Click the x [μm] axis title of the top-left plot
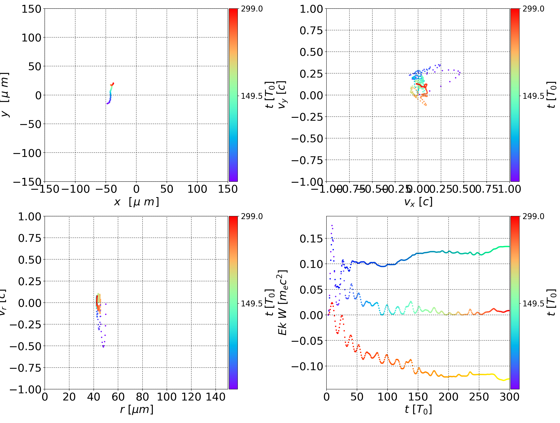click(x=136, y=202)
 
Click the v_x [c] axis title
click(x=418, y=202)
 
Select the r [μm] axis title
click(x=136, y=409)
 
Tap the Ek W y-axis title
click(x=283, y=302)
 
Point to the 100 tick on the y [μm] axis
click(x=31, y=38)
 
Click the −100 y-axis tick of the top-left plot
click(x=27, y=153)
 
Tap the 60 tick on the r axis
click(x=118, y=397)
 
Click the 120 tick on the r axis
click(x=191, y=397)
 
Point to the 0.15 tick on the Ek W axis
click(x=311, y=239)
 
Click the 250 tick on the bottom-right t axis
click(x=479, y=397)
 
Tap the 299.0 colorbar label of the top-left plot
click(x=252, y=9)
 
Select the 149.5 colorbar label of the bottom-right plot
click(x=533, y=303)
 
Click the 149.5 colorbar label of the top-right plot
click(x=533, y=96)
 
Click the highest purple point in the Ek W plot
click(x=332, y=225)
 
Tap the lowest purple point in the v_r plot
click(x=103, y=347)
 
